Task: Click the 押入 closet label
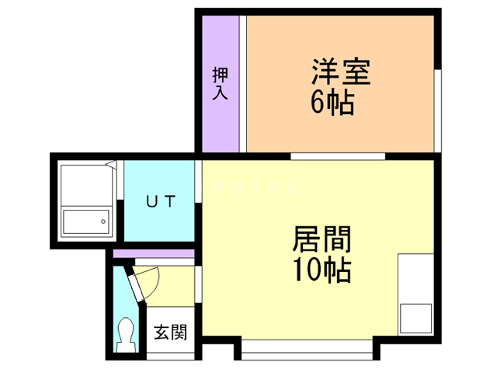tap(220, 84)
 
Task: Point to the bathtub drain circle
tap(102, 221)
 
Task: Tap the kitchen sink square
tap(415, 319)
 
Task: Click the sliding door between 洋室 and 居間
tap(338, 156)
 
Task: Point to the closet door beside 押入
tap(243, 84)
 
